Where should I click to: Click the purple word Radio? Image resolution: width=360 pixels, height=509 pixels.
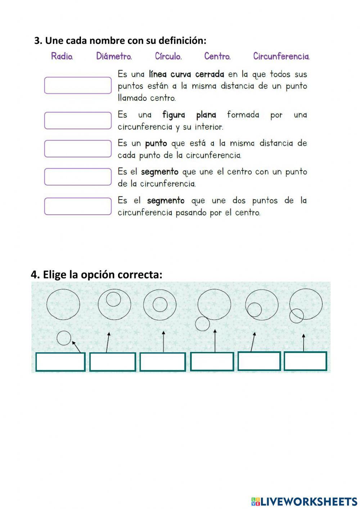pos(62,56)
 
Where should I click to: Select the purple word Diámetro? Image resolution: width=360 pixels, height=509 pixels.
pos(114,56)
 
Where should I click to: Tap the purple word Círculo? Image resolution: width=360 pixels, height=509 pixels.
pos(168,56)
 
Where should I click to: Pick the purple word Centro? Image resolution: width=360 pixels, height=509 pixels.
pos(217,56)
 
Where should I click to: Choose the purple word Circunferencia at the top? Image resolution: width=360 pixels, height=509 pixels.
pos(281,56)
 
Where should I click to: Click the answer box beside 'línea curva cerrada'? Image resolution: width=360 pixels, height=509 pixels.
pos(78,85)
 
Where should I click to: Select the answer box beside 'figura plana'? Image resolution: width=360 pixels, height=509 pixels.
pos(78,120)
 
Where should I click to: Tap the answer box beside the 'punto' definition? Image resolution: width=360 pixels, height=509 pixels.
pos(78,149)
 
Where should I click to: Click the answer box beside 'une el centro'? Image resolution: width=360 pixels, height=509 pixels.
pos(78,177)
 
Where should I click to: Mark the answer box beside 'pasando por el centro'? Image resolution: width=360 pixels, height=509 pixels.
pos(78,206)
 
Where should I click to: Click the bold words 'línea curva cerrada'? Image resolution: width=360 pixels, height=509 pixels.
pos(186,74)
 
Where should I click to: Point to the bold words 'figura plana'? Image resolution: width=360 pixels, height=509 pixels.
pos(189,115)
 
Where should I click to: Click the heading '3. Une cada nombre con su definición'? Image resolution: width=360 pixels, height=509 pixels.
pos(120,40)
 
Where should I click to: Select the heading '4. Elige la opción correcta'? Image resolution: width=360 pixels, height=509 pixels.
pos(96,274)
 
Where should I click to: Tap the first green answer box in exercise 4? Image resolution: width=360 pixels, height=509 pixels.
pos(60,362)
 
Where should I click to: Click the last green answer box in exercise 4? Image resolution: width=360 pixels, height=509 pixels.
pos(305,361)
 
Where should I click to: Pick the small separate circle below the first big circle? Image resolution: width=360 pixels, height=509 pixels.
pos(64,338)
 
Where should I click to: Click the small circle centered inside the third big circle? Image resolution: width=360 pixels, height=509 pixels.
pos(160,305)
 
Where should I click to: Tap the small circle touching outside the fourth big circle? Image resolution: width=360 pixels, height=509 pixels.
pos(202,323)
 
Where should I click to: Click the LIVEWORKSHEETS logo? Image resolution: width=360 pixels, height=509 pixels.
pos(304,501)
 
